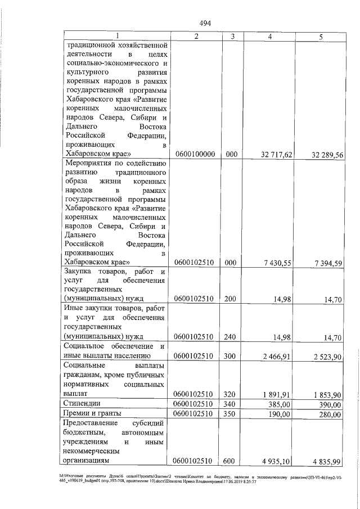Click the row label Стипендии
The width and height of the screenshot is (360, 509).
(x=83, y=403)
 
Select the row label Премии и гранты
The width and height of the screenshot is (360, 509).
(x=92, y=413)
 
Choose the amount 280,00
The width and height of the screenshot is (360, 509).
(x=330, y=415)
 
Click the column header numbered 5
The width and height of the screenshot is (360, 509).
(x=320, y=37)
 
